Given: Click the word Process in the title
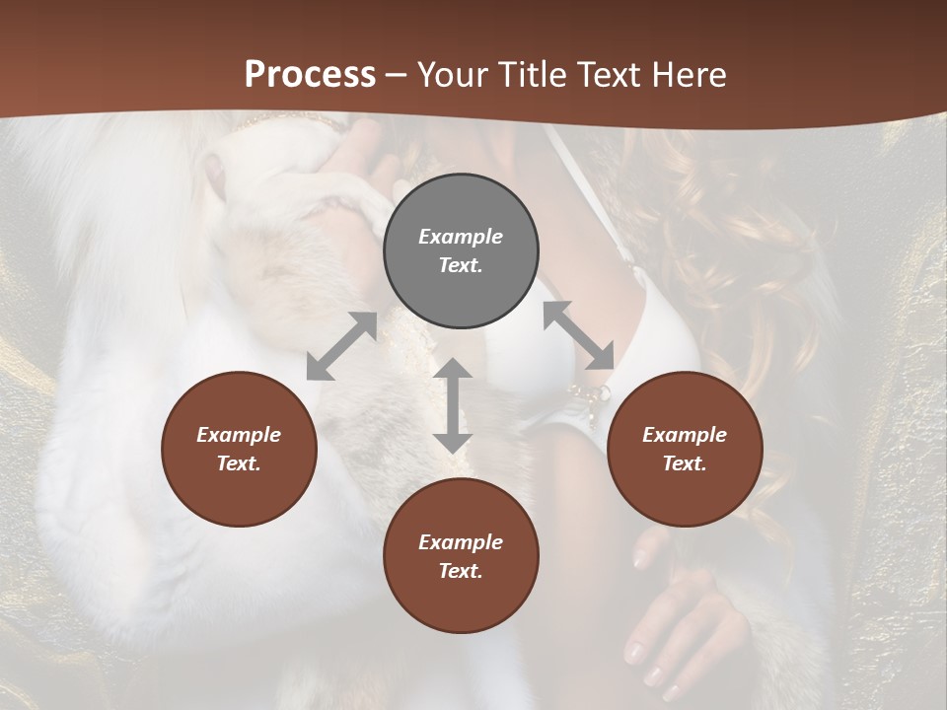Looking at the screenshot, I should [310, 75].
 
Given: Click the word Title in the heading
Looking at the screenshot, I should [528, 75].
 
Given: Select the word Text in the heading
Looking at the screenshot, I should [610, 75].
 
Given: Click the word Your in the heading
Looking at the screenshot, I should [453, 75].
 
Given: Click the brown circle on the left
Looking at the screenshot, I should [239, 449].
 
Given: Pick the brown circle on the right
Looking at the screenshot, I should [685, 449].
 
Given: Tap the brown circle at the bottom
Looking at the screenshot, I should [461, 556].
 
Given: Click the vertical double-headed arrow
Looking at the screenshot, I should [453, 405].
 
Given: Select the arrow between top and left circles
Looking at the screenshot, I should [341, 345].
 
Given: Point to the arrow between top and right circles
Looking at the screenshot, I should [578, 335].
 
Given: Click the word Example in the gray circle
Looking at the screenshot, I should [461, 237].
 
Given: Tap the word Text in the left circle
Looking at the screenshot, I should [239, 463].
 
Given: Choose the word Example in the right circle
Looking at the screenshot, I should [685, 435].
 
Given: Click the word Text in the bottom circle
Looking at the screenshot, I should [461, 571].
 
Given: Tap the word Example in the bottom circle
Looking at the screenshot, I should [461, 542].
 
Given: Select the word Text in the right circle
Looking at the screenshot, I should [685, 463].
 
